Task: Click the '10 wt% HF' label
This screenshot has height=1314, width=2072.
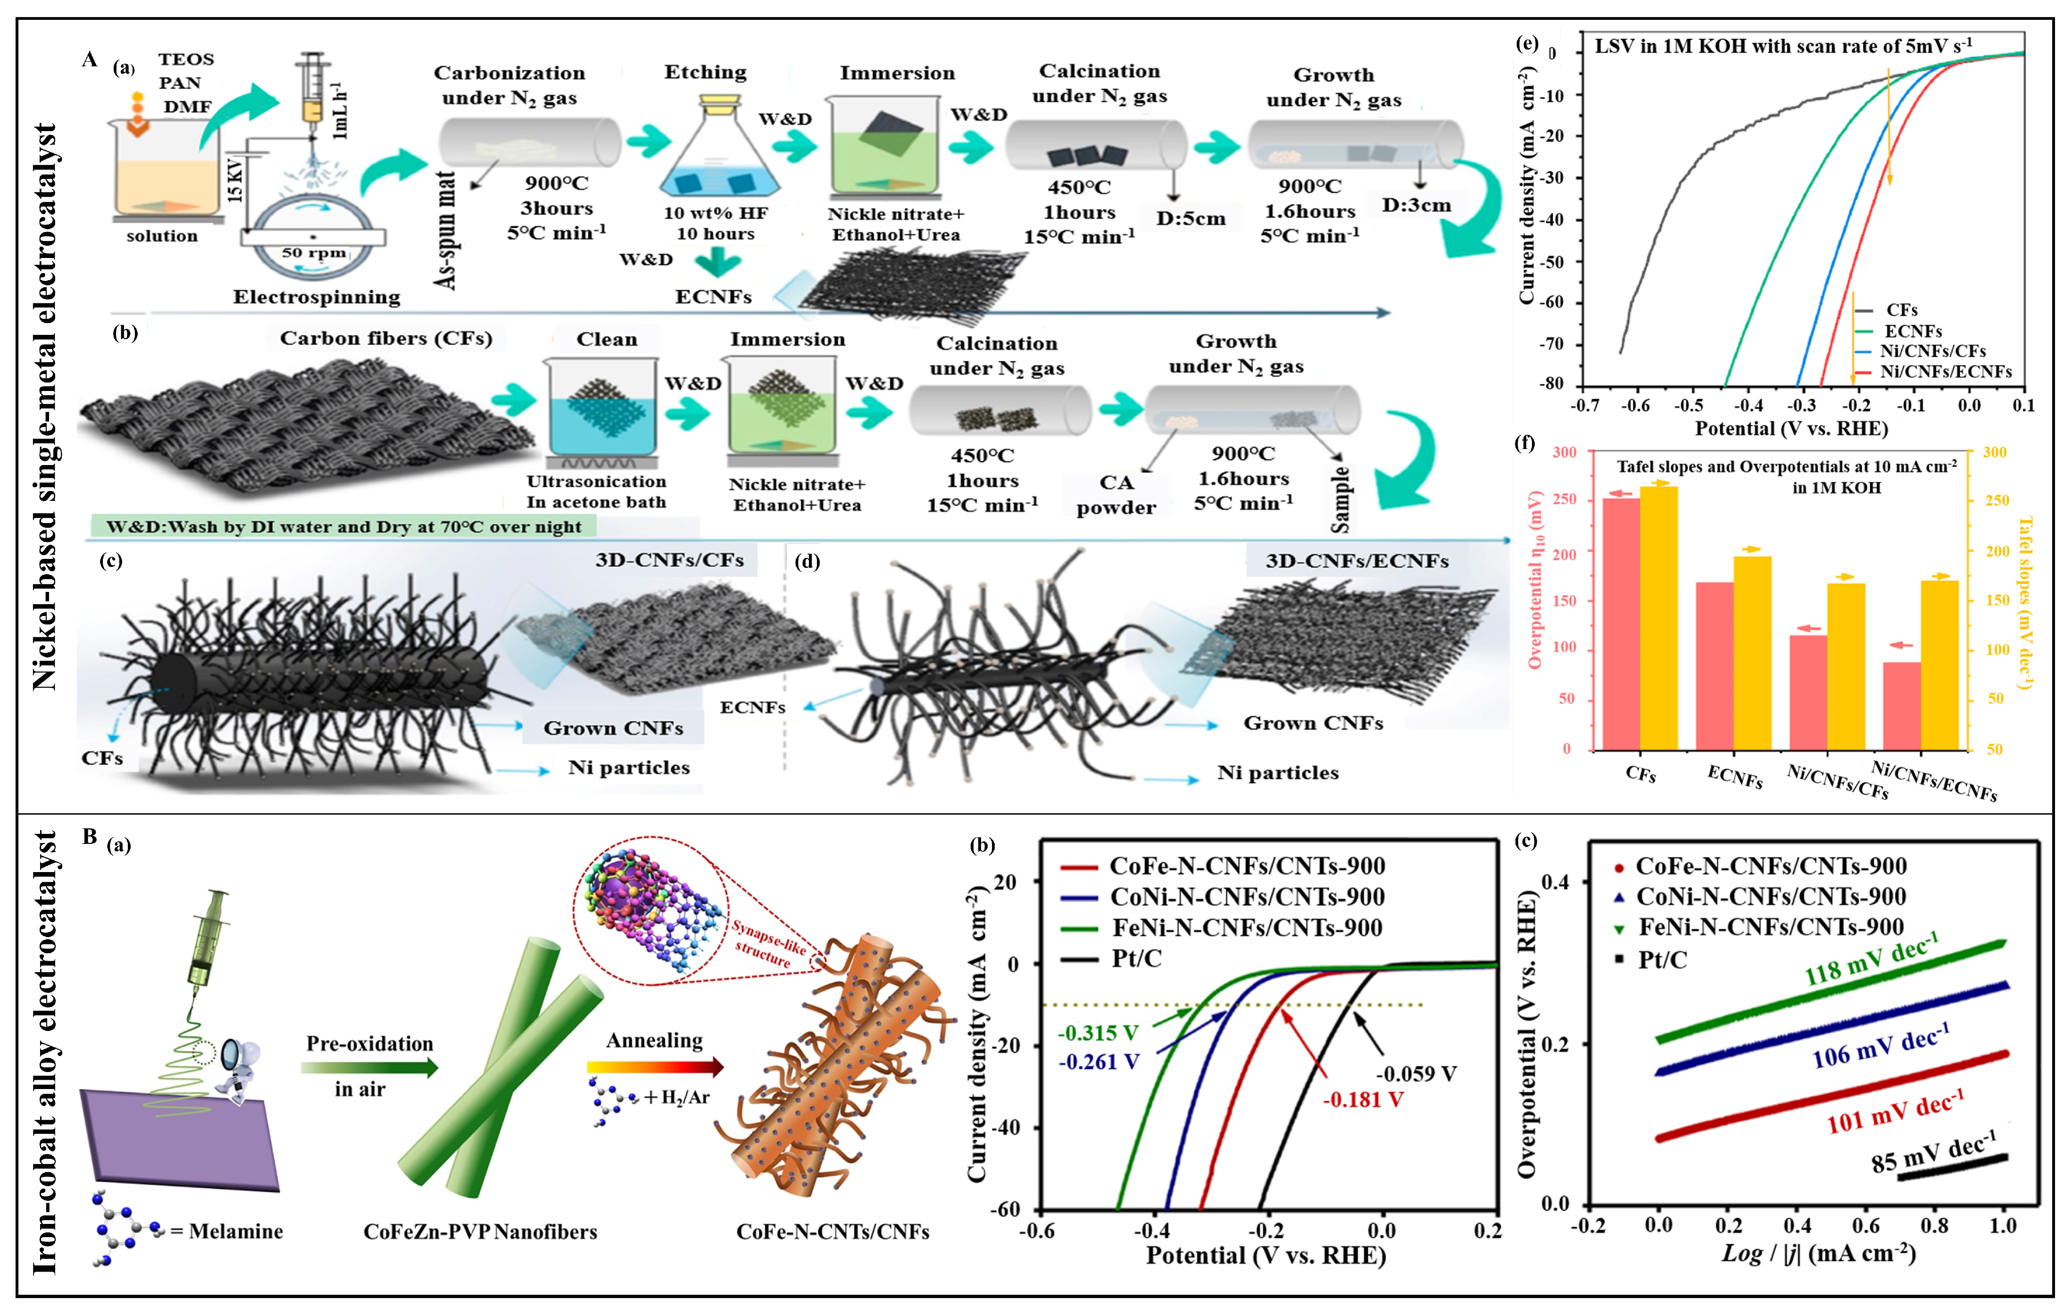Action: tap(715, 213)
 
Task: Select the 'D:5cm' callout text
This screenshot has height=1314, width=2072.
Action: tap(1190, 218)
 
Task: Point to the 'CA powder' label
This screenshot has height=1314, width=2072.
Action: tap(1116, 495)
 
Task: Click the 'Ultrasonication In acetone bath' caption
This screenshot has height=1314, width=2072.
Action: tap(596, 491)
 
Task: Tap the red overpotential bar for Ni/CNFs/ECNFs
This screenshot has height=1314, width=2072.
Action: tap(1902, 706)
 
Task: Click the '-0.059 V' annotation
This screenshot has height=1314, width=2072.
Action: tap(1415, 1074)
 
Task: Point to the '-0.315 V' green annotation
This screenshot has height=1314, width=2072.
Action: tap(1098, 1032)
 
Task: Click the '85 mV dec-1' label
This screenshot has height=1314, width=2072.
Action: tap(1932, 1153)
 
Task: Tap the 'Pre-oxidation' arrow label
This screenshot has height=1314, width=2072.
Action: tap(369, 1044)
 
